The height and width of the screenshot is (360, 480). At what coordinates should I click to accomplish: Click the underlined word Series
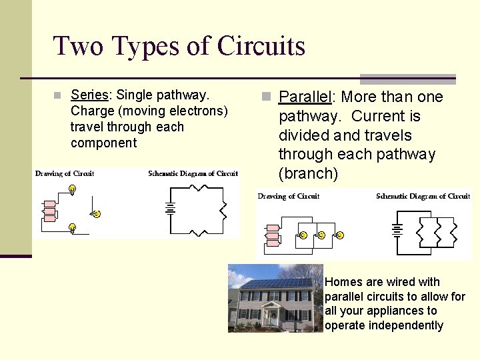(x=89, y=95)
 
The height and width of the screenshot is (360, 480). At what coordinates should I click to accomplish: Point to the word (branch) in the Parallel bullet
(x=309, y=173)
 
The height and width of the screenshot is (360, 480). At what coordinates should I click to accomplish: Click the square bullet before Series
(x=58, y=95)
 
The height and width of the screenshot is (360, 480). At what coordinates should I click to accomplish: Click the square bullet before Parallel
(x=267, y=98)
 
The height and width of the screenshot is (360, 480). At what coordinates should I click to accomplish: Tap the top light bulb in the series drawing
(x=72, y=189)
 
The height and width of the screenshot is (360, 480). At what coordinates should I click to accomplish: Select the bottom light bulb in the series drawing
(x=72, y=228)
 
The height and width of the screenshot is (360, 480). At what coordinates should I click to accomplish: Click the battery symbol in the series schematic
(x=170, y=208)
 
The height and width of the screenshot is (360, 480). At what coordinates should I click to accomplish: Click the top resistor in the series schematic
(x=197, y=187)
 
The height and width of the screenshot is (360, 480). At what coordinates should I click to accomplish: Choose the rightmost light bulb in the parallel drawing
(x=339, y=235)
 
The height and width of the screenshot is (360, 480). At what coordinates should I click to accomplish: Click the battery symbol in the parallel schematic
(x=397, y=231)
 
